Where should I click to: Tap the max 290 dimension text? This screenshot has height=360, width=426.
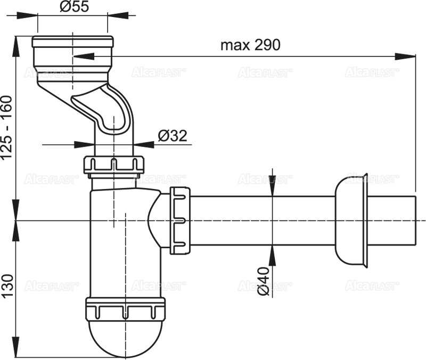(250, 45)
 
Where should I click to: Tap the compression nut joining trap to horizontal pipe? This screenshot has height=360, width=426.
(180, 220)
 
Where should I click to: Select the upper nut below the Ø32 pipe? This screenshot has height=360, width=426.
(113, 164)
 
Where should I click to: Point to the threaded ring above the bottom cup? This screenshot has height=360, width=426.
(125, 309)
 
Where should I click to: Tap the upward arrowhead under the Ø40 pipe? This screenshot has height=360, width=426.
(273, 252)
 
